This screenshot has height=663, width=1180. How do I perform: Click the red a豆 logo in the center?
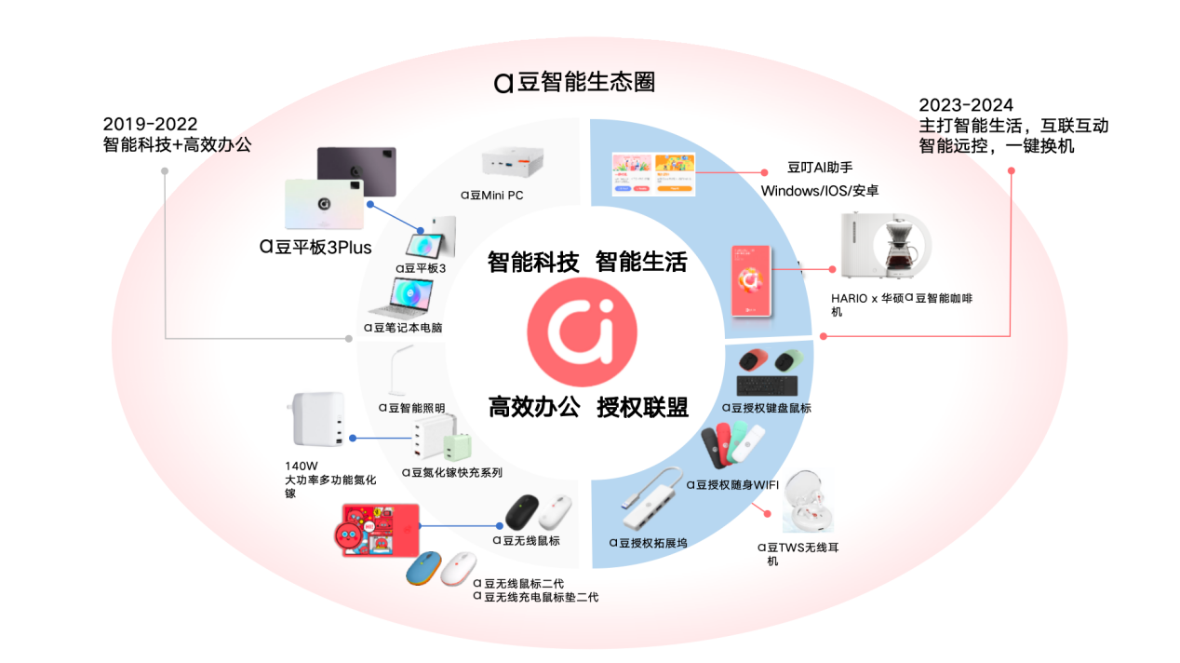[x=582, y=332]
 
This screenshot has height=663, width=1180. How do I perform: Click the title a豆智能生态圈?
[x=574, y=82]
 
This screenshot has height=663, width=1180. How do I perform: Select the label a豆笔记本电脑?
[x=403, y=328]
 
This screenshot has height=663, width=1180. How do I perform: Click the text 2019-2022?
[x=150, y=124]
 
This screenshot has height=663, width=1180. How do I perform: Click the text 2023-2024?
[x=966, y=104]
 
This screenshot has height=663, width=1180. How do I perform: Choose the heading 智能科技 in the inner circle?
[x=533, y=263]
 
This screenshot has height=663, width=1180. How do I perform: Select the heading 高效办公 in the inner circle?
[x=534, y=407]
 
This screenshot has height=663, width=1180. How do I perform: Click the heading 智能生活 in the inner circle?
[x=641, y=263]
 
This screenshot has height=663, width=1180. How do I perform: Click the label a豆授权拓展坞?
[x=648, y=543]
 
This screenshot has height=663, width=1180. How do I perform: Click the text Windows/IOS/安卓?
[x=820, y=191]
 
